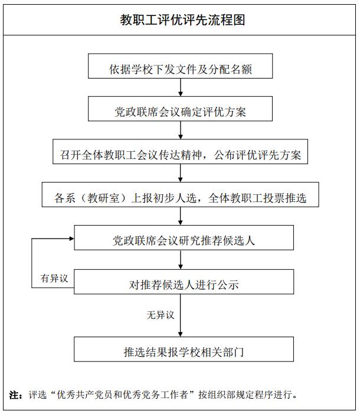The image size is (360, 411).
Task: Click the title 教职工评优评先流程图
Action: click(179, 20)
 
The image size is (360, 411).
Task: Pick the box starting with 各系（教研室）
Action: click(180, 198)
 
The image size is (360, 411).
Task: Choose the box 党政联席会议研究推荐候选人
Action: click(184, 240)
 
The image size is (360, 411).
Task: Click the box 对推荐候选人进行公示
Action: click(184, 284)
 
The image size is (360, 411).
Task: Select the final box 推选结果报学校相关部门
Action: click(184, 353)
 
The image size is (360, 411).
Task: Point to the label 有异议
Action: click(55, 278)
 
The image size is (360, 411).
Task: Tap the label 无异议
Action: click(161, 315)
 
